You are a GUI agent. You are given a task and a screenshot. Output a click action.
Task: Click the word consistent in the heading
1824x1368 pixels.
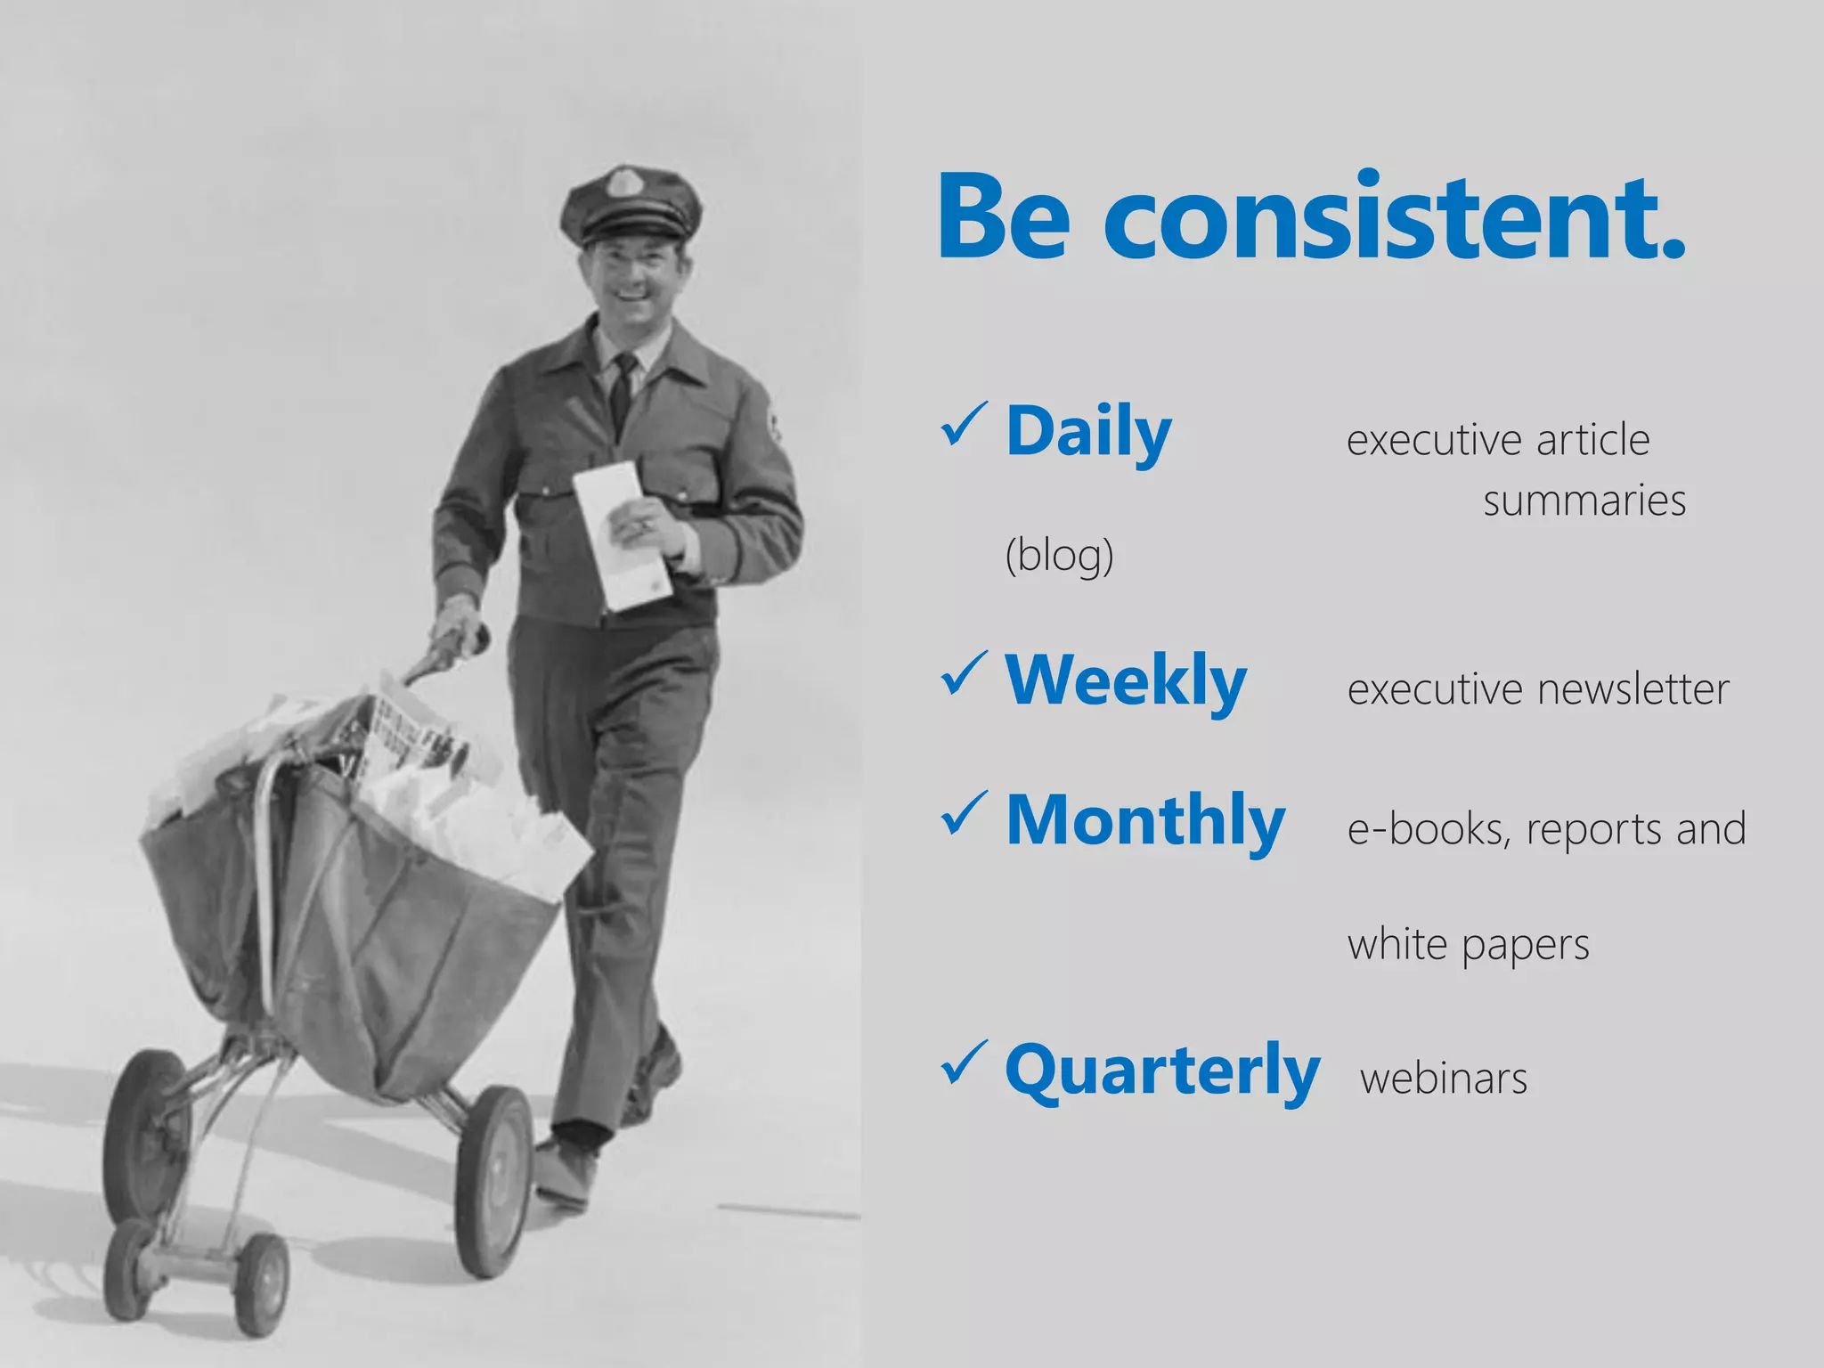(1394, 218)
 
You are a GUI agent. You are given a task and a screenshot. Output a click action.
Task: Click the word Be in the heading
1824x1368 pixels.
(1004, 218)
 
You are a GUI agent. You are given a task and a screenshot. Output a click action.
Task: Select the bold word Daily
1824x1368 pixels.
(1088, 432)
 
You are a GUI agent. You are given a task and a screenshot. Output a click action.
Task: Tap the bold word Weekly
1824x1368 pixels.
(1126, 681)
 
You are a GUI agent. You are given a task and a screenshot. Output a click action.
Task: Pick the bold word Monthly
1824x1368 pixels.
(1145, 821)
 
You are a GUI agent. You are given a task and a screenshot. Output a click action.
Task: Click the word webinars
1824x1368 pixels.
(1444, 1079)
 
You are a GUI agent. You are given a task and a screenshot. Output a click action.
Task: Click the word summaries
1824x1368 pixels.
(1584, 501)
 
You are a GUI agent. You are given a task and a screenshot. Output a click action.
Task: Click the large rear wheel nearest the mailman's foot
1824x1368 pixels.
(495, 1181)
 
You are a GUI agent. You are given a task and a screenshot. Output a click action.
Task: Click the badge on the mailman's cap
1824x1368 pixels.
(619, 184)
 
